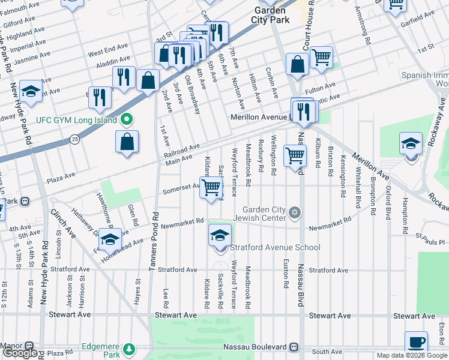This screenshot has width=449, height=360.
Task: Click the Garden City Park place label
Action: coord(272,15)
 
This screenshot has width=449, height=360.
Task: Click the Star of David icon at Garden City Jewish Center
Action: coord(294,212)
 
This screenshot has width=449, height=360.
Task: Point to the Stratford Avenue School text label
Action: coord(275,247)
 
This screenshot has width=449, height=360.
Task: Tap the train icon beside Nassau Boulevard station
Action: coord(294,347)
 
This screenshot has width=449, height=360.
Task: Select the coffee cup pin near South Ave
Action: coord(416,342)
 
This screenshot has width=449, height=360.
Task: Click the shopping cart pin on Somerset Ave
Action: coord(211,187)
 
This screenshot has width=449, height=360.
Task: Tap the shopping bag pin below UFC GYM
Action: coord(127,142)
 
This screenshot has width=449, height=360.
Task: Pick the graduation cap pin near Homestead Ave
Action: coord(110,239)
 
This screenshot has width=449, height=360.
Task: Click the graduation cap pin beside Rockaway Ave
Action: coord(411,144)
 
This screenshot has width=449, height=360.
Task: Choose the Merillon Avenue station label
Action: coord(260,118)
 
